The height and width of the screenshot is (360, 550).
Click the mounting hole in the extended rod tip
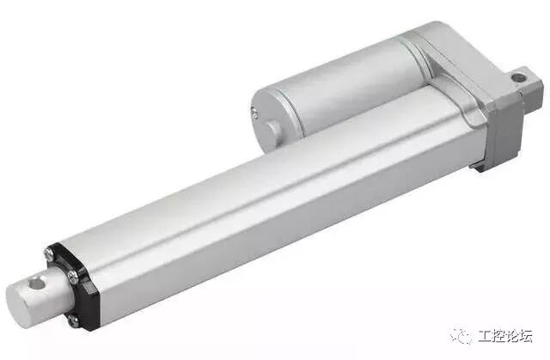tap(38, 283)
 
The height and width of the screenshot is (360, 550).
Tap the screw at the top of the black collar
tap(49, 253)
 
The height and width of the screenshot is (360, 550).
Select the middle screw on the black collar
tap(74, 277)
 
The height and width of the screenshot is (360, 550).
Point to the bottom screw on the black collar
tap(73, 320)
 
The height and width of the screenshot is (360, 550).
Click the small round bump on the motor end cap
tap(273, 131)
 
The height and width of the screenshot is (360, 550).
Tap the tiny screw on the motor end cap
tap(255, 113)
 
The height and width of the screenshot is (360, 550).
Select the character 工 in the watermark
tap(485, 336)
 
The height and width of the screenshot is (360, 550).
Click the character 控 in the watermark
tap(498, 336)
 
